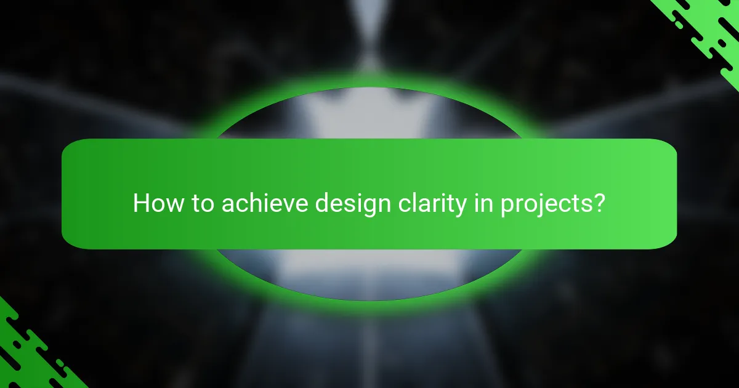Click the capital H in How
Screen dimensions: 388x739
point(141,204)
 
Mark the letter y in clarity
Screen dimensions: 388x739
point(459,207)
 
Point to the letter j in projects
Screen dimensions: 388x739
point(532,206)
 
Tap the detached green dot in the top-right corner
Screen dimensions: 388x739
point(678,25)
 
